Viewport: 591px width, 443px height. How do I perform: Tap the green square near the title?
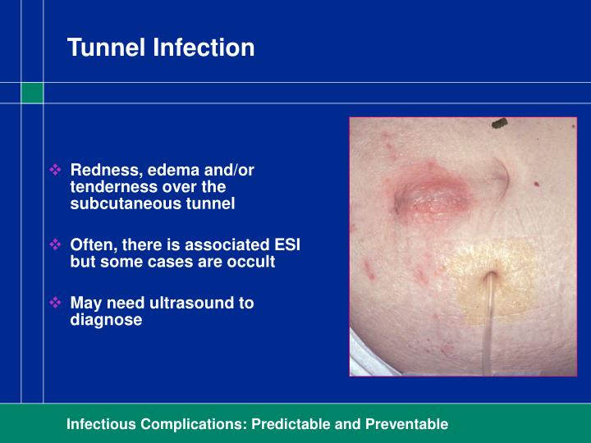coord(32,93)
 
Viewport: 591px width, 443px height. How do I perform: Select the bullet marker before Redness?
coord(57,171)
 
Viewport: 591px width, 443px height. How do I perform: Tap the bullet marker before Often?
coord(57,244)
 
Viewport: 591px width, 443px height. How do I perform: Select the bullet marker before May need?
coord(57,303)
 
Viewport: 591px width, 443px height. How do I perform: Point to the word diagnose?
coord(106,320)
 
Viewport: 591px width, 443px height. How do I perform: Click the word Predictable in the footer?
coord(291,424)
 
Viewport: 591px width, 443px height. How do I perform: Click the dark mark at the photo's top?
coord(498,124)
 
